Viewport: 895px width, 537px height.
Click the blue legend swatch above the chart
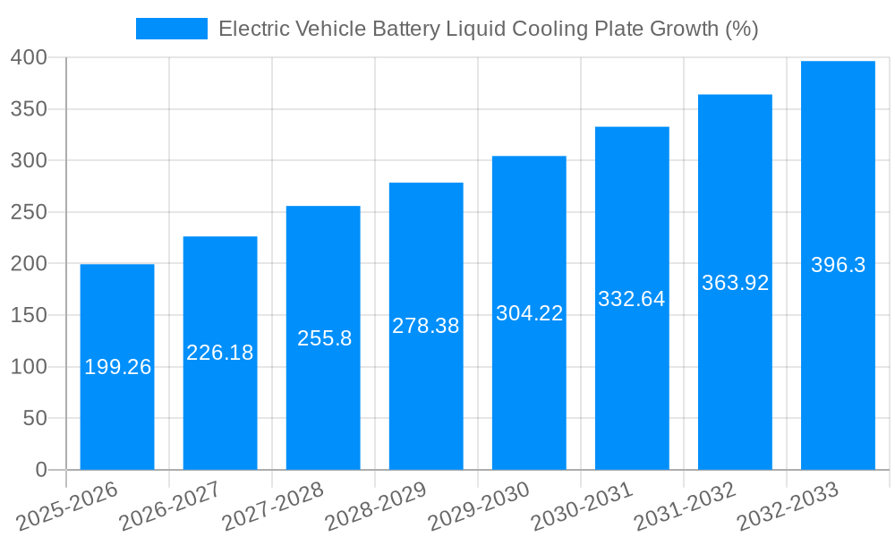pyautogui.click(x=171, y=29)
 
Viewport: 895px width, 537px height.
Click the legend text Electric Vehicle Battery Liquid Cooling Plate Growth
pyautogui.click(x=488, y=29)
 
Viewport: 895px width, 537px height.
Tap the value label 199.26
pyautogui.click(x=117, y=367)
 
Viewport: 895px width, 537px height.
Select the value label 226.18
pyautogui.click(x=220, y=353)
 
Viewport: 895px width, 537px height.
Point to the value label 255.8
pyautogui.click(x=323, y=338)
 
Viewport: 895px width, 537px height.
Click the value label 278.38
pyautogui.click(x=426, y=326)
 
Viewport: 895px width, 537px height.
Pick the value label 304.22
pyautogui.click(x=529, y=313)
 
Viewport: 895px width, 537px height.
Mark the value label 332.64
pyautogui.click(x=632, y=299)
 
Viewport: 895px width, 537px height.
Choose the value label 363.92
pyautogui.click(x=735, y=283)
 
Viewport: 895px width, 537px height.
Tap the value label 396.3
pyautogui.click(x=838, y=265)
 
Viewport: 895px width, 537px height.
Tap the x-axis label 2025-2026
pyautogui.click(x=68, y=506)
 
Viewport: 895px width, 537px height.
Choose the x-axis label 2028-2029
pyautogui.click(x=376, y=506)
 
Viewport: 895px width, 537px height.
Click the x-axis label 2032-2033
pyautogui.click(x=788, y=506)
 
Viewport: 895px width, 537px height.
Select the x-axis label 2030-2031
pyautogui.click(x=582, y=506)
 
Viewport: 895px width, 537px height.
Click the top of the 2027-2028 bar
pyautogui.click(x=323, y=207)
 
